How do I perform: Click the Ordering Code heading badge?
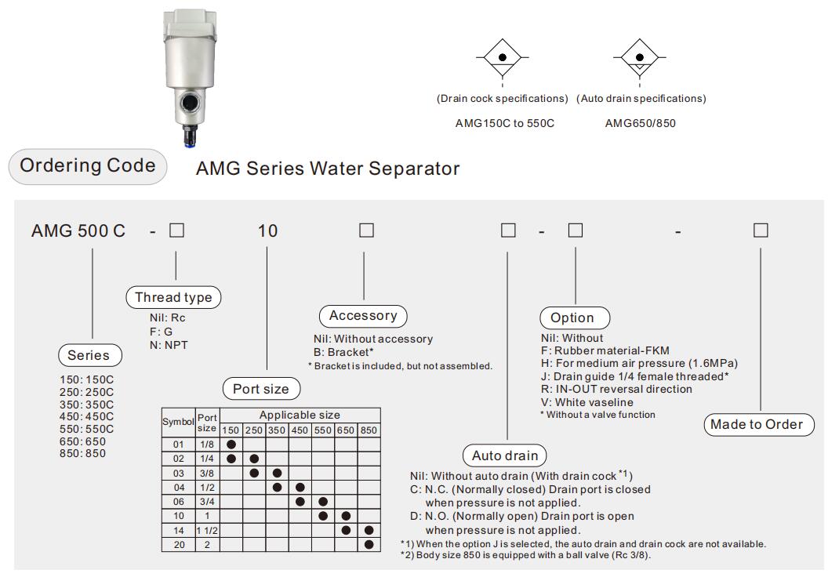coord(87,166)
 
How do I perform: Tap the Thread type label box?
coord(173,297)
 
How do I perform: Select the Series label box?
coord(89,355)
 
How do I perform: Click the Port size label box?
coord(261,389)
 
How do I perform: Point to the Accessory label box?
coord(363,316)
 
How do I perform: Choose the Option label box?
coord(572,318)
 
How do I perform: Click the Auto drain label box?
coord(505,455)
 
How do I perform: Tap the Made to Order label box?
coord(757,424)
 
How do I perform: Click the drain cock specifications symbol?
coord(502,58)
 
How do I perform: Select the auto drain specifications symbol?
coord(641,58)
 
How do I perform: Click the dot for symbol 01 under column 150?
coord(231,445)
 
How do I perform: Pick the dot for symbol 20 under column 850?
coord(369,544)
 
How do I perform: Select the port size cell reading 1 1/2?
coord(208,531)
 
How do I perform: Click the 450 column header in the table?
coord(300,430)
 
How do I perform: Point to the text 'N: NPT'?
coord(169,344)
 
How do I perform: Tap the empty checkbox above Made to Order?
coord(760,230)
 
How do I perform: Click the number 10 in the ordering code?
coord(268,231)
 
